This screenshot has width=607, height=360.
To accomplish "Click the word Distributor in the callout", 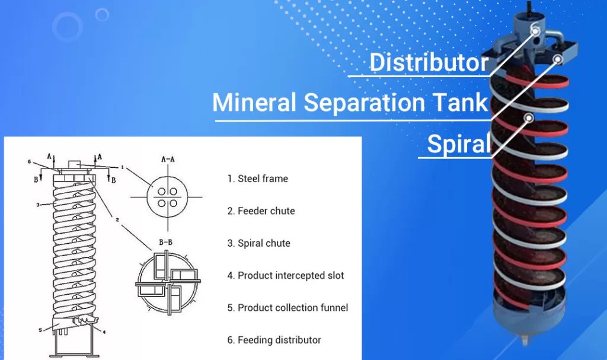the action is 429,62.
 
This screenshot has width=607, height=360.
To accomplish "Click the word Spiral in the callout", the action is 459,144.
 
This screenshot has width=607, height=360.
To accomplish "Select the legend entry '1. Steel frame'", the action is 258,179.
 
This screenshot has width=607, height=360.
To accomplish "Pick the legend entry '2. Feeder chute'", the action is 261,211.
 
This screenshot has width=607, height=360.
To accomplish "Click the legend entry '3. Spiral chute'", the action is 258,243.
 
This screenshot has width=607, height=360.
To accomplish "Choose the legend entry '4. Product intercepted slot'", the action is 286,276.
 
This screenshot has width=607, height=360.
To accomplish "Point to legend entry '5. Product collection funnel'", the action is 287,308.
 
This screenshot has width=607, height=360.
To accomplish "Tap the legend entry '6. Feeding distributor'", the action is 274,340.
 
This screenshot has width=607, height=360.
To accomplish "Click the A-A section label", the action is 168,160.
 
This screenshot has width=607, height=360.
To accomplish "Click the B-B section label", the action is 166,242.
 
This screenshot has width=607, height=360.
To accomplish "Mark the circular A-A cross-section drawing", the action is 167,197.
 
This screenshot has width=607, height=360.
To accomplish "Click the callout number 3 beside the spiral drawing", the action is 37,205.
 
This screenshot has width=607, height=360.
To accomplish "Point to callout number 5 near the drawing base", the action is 40,330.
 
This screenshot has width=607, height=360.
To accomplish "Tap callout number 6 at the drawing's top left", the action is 30,161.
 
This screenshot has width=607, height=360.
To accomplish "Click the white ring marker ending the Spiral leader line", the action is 529,118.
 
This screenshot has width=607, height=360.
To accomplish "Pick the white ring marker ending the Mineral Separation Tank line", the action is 558,59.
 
